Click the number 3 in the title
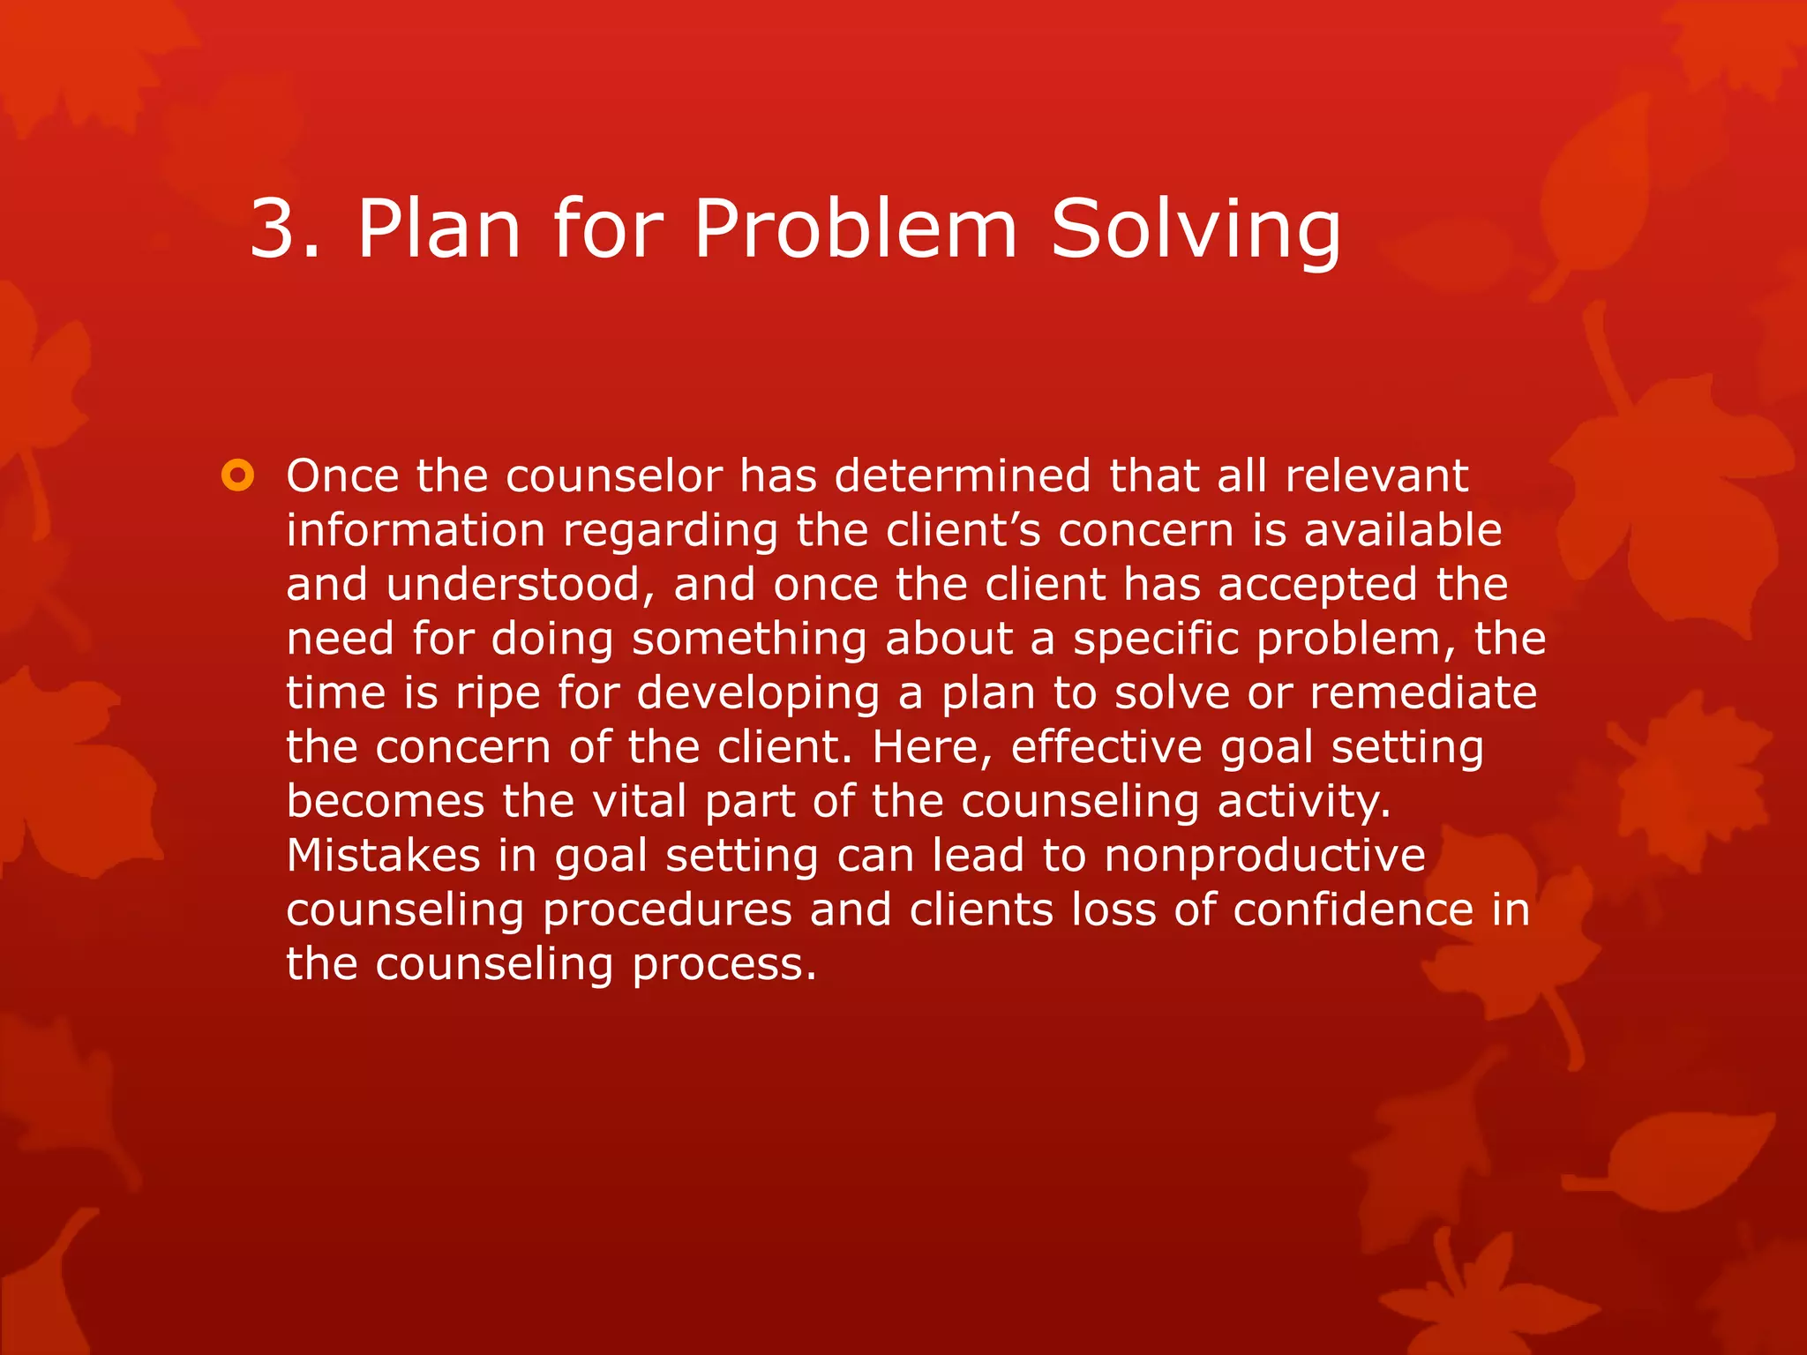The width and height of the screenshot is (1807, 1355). click(274, 229)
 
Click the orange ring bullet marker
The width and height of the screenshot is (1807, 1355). click(237, 476)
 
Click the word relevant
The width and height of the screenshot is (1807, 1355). click(1376, 476)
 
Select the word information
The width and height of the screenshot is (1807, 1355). click(416, 531)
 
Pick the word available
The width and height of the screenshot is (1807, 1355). click(1403, 531)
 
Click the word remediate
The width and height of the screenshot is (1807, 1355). click(1423, 693)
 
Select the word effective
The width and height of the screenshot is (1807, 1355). click(1106, 748)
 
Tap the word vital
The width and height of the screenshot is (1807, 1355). click(639, 802)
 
